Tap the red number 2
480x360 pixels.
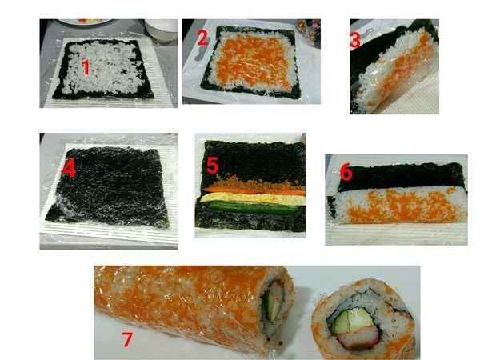[x=202, y=37]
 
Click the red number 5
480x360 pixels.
[x=212, y=166]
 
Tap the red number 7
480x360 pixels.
[x=127, y=338]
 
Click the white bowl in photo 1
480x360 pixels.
[x=161, y=30]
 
